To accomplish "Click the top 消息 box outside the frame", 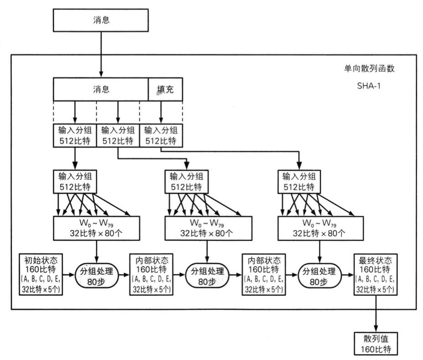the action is [101, 20].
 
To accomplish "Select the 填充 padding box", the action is [165, 89].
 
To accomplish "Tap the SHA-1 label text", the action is [369, 86].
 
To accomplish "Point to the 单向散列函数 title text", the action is [369, 68].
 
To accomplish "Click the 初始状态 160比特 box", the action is [41, 274].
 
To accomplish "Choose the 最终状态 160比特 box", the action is [375, 274].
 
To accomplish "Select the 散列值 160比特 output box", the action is [376, 344].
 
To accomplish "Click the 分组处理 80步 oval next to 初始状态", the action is [96, 276].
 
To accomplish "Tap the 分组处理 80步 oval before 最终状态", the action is [319, 276].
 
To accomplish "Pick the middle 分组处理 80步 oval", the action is [207, 276].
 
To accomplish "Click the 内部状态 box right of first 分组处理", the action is [151, 274].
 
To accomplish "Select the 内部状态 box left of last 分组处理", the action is [263, 274].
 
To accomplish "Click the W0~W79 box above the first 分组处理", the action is [97, 228].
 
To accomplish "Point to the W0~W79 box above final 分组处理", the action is [320, 228].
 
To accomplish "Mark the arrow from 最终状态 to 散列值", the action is [376, 314].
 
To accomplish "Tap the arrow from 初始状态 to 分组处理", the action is [68, 275].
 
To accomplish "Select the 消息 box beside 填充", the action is [101, 89].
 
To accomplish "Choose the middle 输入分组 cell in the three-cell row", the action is [118, 136].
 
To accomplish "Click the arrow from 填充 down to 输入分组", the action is [161, 113].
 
